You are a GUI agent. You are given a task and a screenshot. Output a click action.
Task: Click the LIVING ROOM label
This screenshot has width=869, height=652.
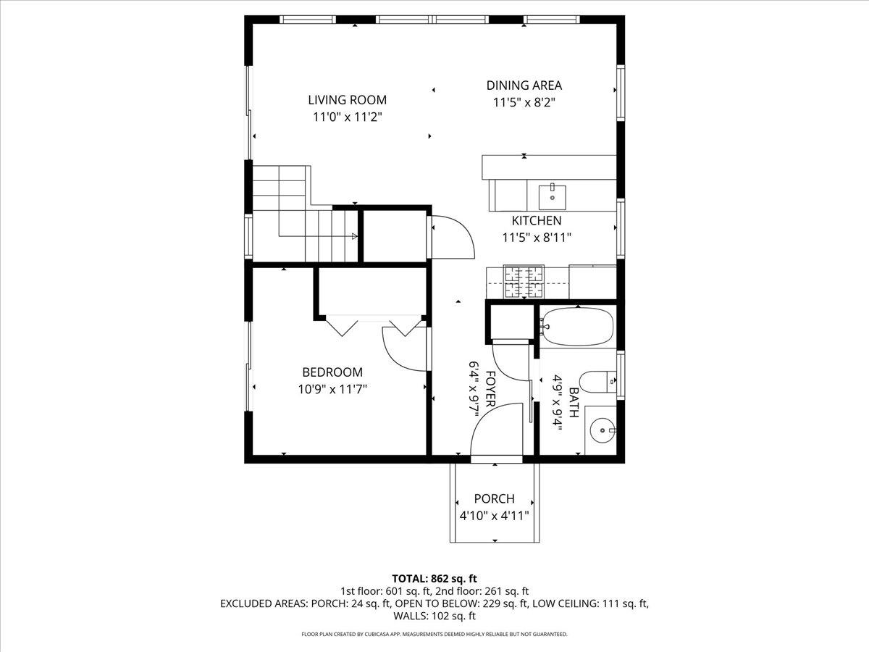coord(347,100)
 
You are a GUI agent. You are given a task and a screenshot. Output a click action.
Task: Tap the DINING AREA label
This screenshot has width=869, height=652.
coord(524,85)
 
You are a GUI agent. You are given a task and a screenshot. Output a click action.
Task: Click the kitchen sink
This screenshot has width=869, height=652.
coord(553,193)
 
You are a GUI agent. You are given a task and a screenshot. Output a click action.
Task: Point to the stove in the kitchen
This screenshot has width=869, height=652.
coord(524,283)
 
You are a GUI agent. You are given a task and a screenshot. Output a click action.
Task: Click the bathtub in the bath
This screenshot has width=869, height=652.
coord(577,327)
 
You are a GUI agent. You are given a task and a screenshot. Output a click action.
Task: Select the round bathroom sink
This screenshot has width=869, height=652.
coord(600,432)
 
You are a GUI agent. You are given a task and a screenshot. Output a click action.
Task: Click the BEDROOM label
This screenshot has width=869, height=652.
coord(332,372)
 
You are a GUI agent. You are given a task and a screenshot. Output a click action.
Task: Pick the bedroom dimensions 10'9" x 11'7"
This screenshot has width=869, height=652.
coord(332,389)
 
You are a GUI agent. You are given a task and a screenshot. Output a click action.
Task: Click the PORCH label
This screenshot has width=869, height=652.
coord(494,499)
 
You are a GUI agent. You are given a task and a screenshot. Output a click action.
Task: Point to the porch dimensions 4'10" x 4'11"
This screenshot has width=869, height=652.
coord(494,516)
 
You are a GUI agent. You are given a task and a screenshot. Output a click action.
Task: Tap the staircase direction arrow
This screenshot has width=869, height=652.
coord(354,235)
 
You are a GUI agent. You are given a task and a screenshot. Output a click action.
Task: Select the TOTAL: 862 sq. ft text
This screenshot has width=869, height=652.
coord(434,578)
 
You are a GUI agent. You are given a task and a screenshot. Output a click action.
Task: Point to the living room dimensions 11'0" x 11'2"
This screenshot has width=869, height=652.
coord(347,117)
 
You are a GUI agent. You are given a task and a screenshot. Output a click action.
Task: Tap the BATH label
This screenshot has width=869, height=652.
coord(574,402)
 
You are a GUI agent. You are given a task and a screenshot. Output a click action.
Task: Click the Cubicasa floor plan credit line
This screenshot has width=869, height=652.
coord(434,634)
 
